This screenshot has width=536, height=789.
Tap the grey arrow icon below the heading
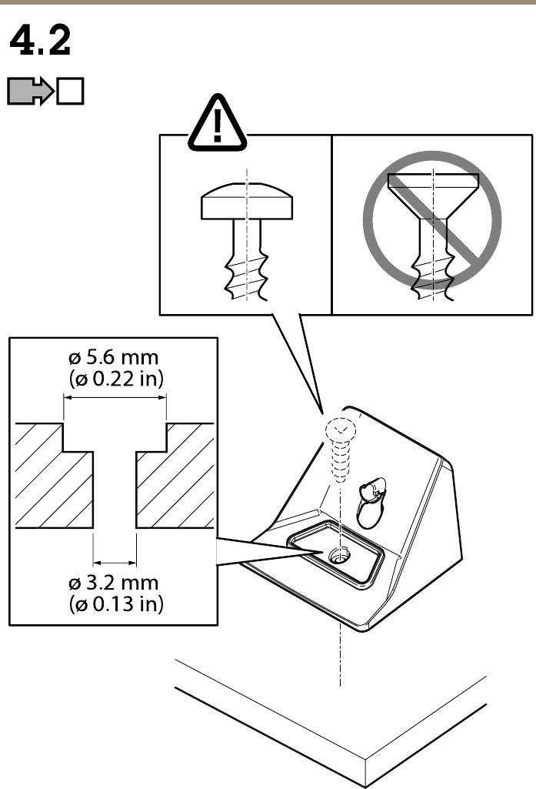(29, 92)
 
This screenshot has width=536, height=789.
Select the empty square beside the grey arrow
(71, 92)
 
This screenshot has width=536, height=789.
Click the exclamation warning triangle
(218, 122)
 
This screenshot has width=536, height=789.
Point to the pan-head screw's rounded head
(246, 201)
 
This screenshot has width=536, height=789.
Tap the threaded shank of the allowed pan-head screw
(246, 266)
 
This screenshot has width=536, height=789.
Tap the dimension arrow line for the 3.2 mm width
(115, 560)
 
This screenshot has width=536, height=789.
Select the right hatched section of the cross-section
(177, 485)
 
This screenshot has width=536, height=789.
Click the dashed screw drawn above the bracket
(339, 453)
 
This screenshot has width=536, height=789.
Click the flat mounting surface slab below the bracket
(338, 716)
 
